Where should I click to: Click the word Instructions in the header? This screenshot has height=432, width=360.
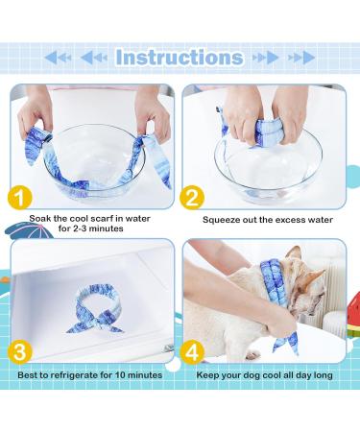(180, 58)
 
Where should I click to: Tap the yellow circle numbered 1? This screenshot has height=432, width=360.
(20, 198)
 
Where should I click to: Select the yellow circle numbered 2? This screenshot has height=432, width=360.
(192, 198)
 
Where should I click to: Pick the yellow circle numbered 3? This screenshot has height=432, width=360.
(20, 352)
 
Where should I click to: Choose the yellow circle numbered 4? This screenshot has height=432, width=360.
(192, 352)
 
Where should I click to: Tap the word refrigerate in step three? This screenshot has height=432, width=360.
(74, 375)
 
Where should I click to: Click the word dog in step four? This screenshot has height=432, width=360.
(253, 375)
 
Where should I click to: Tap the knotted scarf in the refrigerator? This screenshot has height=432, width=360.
(94, 310)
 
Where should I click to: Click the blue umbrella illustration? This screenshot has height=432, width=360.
(30, 230)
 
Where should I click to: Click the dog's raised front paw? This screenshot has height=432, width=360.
(252, 354)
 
